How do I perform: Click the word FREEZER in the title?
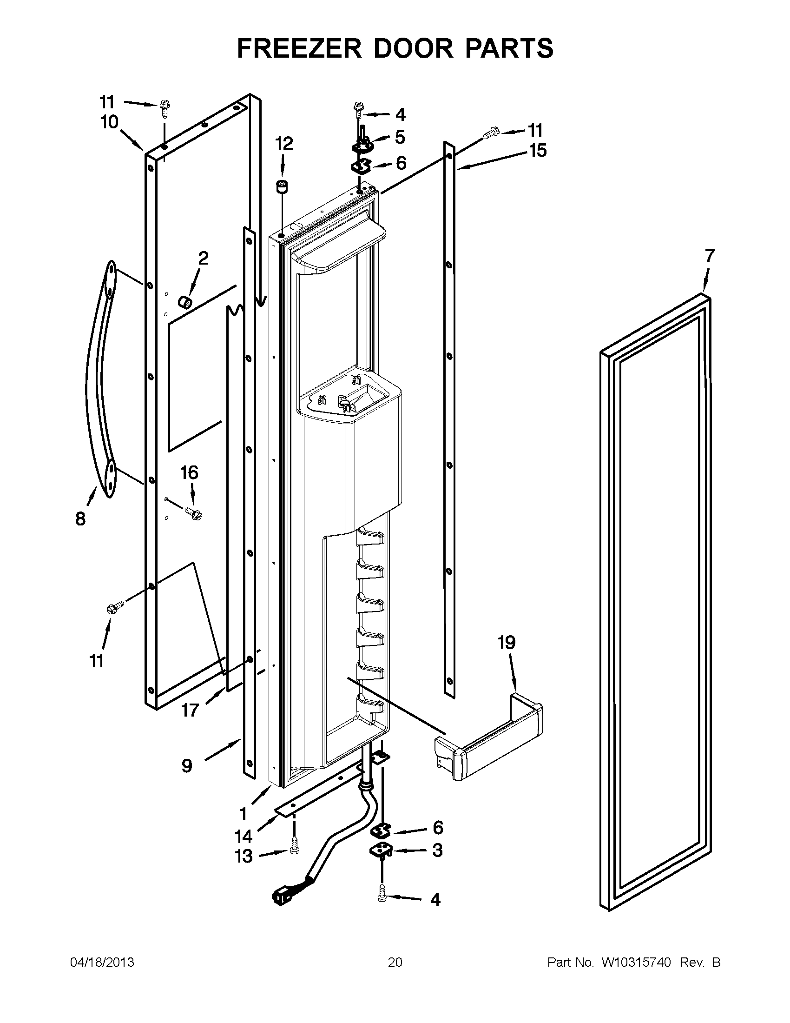(299, 48)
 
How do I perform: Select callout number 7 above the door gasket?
(710, 256)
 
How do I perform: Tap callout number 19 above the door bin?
(507, 642)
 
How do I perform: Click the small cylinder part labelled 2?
(184, 303)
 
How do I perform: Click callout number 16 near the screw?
(189, 472)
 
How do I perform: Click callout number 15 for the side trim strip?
(538, 151)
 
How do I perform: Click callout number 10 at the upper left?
(109, 123)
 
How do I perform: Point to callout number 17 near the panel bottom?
(190, 711)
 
